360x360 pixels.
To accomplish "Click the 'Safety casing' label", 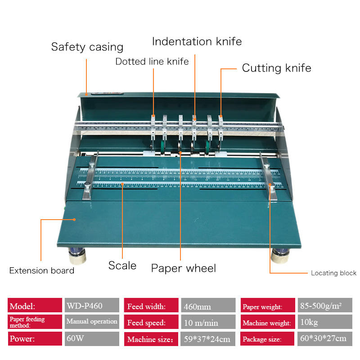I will (x=87, y=47).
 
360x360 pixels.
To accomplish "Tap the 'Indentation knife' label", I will (x=197, y=42).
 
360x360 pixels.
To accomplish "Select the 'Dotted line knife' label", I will (x=152, y=61).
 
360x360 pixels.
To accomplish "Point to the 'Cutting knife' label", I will (x=276, y=68).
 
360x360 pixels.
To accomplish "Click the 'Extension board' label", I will (x=42, y=270).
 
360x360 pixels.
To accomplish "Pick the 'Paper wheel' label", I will (x=183, y=268).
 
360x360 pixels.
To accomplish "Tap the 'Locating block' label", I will (x=333, y=273).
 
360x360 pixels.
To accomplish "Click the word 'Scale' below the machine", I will (x=122, y=265).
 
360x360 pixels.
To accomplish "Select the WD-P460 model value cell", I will (x=92, y=306).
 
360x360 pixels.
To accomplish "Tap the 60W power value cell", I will (x=92, y=338).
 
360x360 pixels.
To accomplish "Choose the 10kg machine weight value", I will (x=324, y=323).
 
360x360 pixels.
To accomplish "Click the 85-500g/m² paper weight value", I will (x=324, y=306).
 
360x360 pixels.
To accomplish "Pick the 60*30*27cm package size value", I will (x=324, y=338).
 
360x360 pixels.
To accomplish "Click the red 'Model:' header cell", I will (x=35, y=306).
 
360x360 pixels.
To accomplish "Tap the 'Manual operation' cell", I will (x=92, y=322).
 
